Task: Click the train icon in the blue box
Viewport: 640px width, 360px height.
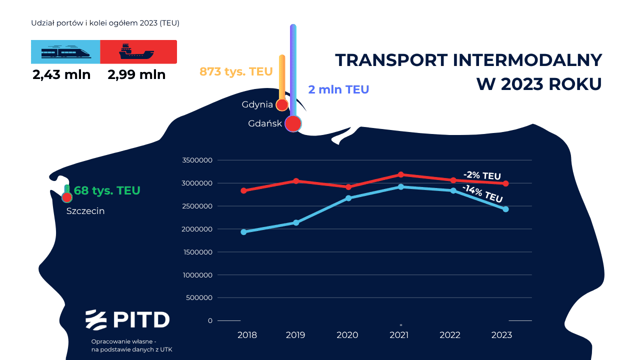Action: (x=65, y=51)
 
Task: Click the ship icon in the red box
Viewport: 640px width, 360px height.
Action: (x=136, y=51)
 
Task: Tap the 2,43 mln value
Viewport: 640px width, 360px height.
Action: (x=61, y=75)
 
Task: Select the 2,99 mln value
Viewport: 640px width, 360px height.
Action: (x=136, y=75)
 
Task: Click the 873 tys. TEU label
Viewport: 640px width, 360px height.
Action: (x=236, y=71)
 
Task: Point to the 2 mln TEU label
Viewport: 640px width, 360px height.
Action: (x=338, y=89)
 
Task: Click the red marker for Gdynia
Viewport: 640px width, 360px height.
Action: (x=282, y=105)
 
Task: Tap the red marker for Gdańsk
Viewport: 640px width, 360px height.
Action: (x=293, y=123)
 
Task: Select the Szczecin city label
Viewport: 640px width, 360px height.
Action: (x=85, y=211)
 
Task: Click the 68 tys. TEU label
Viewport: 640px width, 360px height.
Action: (x=107, y=190)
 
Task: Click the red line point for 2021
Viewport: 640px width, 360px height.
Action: (x=401, y=174)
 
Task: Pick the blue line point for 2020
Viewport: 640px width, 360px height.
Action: (x=348, y=198)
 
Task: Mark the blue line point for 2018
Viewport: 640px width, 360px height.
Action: (x=243, y=232)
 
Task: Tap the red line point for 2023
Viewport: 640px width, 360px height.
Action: (x=505, y=183)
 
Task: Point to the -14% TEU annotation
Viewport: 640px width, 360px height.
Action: (x=482, y=193)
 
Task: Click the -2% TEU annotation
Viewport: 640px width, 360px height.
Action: (x=482, y=176)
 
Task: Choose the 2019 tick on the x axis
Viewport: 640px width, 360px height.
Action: (x=295, y=335)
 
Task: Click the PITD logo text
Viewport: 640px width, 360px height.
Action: (x=140, y=319)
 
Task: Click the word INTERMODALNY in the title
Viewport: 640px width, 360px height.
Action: (x=527, y=60)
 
